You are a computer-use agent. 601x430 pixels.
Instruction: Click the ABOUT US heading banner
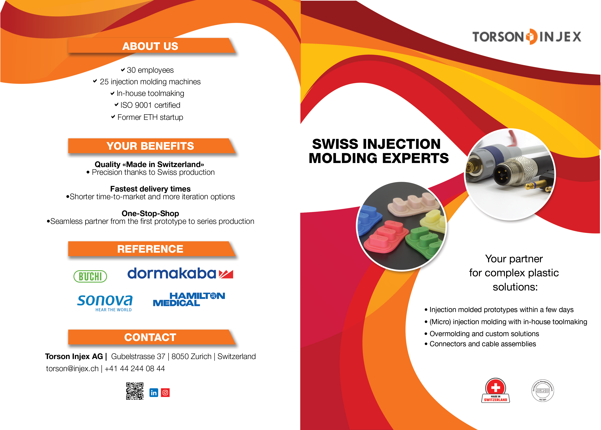click(150, 46)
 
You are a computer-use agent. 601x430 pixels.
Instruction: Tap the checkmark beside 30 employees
click(123, 70)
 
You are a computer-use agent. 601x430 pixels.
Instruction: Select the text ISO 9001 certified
click(150, 105)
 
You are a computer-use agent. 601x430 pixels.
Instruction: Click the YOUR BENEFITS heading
click(150, 146)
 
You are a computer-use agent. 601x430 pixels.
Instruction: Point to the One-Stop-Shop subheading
click(150, 213)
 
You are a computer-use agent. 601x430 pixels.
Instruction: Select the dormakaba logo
click(180, 274)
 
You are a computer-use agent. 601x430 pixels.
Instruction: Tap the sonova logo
click(105, 302)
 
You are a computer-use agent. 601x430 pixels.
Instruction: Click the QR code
click(135, 391)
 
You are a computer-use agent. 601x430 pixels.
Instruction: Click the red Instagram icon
click(165, 393)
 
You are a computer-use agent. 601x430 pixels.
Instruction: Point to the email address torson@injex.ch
click(72, 369)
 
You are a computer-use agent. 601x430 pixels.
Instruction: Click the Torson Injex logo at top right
click(527, 37)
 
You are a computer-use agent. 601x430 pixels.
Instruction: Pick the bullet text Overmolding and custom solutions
click(484, 334)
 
